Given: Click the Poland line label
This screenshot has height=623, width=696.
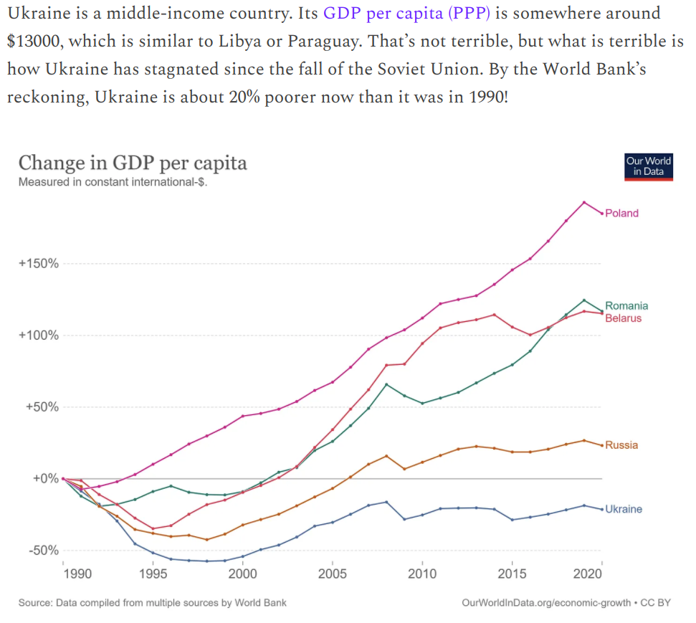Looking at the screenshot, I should click(x=621, y=213).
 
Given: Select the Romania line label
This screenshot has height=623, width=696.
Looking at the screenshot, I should click(x=626, y=306).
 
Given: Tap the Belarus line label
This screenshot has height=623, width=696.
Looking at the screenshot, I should click(x=624, y=318).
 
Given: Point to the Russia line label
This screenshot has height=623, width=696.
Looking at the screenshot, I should click(x=621, y=445).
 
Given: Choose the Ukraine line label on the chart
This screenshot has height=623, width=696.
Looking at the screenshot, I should click(x=624, y=509).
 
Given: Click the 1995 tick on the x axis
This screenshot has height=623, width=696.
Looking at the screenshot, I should click(x=153, y=574).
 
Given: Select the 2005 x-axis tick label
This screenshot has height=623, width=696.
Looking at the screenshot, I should click(x=333, y=574).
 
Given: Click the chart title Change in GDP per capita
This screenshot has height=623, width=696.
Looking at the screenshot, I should click(x=133, y=163).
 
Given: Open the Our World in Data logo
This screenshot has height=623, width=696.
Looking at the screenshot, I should click(x=649, y=166).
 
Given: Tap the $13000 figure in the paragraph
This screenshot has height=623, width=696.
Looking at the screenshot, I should click(x=33, y=41).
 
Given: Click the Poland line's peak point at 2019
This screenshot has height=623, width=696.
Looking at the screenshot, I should click(x=584, y=202).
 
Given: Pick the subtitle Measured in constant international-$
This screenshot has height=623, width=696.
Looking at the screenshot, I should click(x=113, y=181).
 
